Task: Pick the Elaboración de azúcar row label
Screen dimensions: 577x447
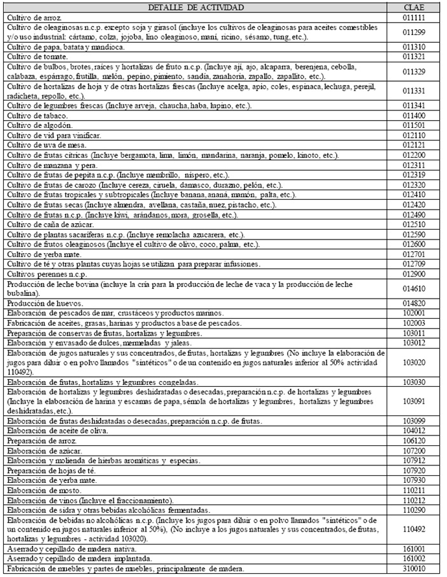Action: pos(39,450)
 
